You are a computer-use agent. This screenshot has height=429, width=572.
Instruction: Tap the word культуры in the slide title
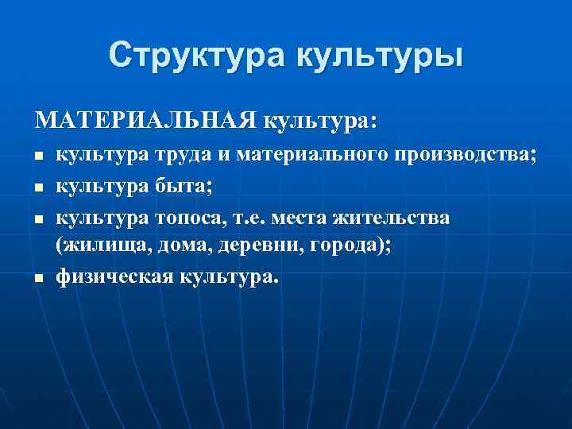[x=380, y=57]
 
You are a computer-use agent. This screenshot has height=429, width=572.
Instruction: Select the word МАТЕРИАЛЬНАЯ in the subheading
[x=145, y=121]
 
